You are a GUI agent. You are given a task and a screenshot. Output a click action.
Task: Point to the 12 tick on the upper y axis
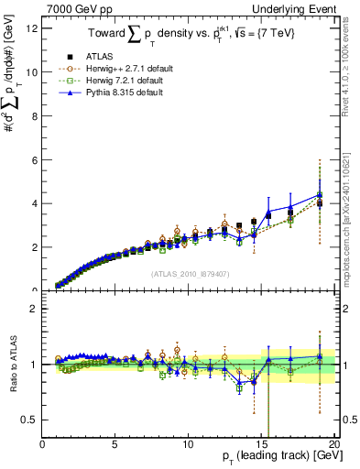pyautogui.click(x=32, y=27)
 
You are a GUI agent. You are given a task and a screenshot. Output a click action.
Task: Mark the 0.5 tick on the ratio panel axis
pyautogui.click(x=30, y=420)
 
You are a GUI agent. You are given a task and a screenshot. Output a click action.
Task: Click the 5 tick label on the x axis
pyautogui.click(x=115, y=446)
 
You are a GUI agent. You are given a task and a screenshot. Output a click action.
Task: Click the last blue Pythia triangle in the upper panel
pyautogui.click(x=320, y=194)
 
